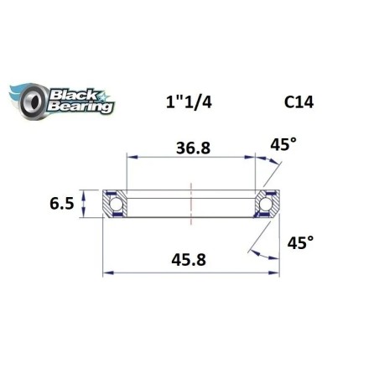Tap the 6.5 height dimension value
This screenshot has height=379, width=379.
pos(64,204)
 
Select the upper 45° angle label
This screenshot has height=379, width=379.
pos(283,145)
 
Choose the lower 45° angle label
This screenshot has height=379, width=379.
pos(299,242)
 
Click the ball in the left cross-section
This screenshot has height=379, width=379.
pos(114,205)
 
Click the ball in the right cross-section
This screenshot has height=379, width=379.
pos(268,205)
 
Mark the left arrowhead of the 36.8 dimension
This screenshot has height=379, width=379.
pos(130,155)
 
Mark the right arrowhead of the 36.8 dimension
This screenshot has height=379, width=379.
pos(253,155)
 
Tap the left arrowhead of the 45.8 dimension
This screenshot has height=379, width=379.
pos(106,272)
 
